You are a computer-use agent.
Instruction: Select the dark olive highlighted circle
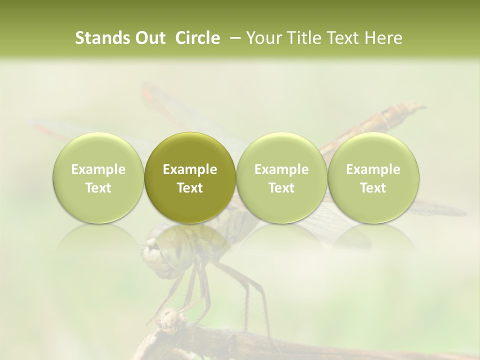(190, 177)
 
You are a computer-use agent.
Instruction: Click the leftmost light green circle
(98, 177)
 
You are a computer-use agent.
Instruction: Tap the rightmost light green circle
(373, 177)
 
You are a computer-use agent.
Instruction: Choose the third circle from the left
(281, 177)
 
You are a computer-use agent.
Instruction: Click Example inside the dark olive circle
(190, 169)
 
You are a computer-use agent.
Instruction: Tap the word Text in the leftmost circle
(98, 188)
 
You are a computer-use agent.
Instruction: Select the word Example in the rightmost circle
(373, 169)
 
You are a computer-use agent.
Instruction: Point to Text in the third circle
(281, 188)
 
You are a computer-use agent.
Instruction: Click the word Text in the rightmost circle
(373, 188)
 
